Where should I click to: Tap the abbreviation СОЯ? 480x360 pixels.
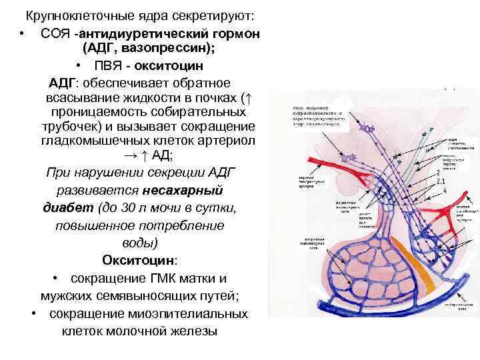[55, 33]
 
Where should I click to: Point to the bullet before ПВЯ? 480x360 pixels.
[78, 67]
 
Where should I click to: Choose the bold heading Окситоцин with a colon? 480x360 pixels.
[133, 259]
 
